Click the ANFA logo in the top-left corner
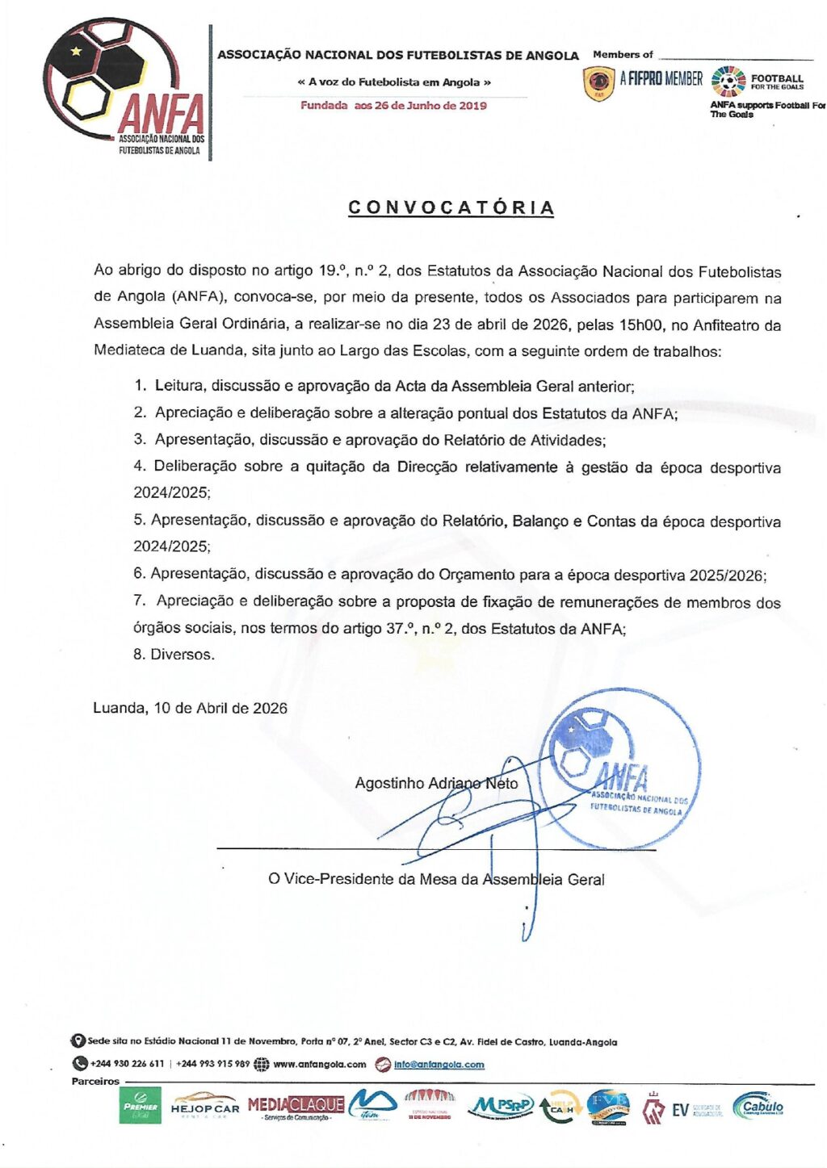click(125, 89)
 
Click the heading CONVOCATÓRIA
click(451, 207)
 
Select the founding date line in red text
click(393, 106)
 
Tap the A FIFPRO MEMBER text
click(661, 78)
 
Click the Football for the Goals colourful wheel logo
click(728, 82)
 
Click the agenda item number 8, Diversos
click(174, 655)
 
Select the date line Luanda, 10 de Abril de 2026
click(190, 708)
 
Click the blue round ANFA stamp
click(619, 768)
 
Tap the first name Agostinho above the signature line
click(389, 783)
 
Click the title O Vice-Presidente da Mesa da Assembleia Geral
click(436, 879)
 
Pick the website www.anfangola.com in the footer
click(320, 1064)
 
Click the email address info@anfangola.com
click(439, 1064)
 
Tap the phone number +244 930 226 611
click(127, 1064)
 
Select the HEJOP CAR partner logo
click(205, 1106)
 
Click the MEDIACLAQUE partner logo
click(296, 1106)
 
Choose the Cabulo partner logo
click(758, 1106)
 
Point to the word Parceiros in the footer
click(95, 1082)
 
